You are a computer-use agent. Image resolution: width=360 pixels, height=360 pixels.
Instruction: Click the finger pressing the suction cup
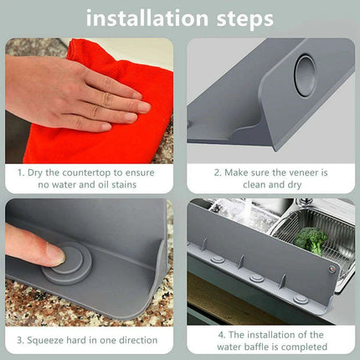click(x=29, y=245)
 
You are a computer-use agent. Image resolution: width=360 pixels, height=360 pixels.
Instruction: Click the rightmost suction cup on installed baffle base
click(x=300, y=297)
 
